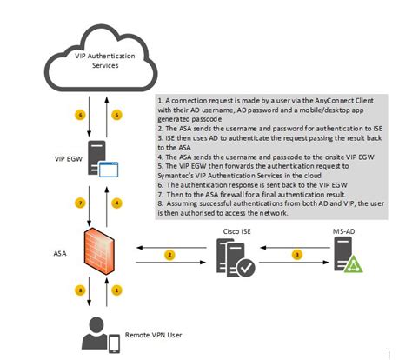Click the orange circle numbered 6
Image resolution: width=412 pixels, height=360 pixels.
tap(82, 115)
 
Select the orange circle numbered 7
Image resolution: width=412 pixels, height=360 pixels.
tap(82, 202)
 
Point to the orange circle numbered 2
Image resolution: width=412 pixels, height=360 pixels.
tap(171, 255)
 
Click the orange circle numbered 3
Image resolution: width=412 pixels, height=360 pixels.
tap(298, 255)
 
